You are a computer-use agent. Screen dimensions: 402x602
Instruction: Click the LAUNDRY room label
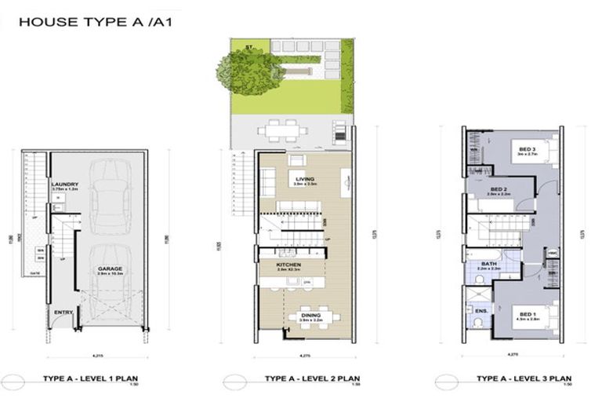click(63, 185)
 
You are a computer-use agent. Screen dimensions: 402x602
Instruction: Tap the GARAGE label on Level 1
click(110, 268)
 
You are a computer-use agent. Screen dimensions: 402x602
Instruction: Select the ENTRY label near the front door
click(62, 313)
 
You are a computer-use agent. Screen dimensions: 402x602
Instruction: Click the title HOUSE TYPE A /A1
click(95, 22)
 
